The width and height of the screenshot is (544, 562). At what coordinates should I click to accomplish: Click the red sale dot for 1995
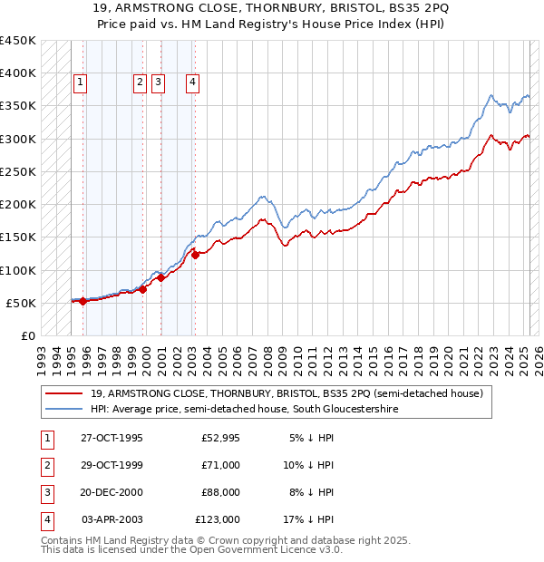83,301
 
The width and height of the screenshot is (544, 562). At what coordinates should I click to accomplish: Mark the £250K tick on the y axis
18,171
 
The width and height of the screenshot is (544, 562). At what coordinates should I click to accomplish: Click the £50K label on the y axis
22,303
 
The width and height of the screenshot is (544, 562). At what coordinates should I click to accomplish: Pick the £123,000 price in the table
218,520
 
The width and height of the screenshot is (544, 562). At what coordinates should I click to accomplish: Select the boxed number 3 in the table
45,493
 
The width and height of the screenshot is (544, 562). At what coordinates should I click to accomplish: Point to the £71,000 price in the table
220,466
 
